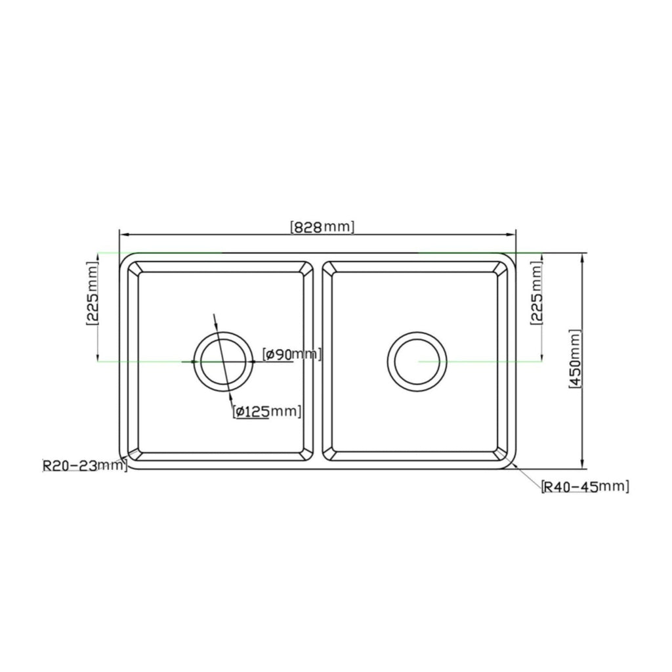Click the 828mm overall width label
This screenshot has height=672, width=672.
click(x=322, y=226)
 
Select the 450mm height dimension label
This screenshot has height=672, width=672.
click(x=575, y=359)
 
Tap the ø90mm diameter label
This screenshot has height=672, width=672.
click(x=292, y=354)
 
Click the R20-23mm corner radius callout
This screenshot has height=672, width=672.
click(x=85, y=465)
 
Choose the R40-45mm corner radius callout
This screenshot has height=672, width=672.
click(x=585, y=486)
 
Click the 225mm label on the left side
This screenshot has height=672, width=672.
click(x=92, y=293)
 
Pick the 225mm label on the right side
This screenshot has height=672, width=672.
click(x=537, y=293)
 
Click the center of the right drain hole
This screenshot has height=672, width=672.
click(x=417, y=362)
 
